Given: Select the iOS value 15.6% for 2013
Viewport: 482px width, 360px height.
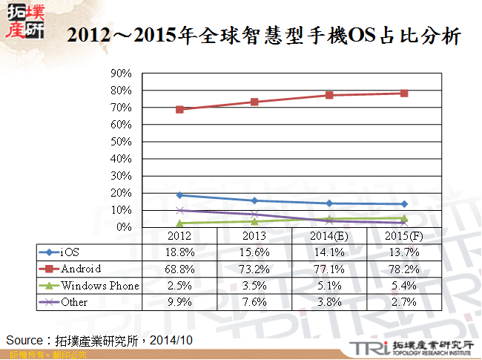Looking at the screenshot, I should click(x=254, y=252).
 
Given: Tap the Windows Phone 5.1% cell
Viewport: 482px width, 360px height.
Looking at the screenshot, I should click(x=329, y=286).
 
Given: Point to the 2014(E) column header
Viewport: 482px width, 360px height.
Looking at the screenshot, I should click(x=329, y=235).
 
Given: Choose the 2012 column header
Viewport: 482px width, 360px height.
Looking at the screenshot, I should click(x=179, y=235).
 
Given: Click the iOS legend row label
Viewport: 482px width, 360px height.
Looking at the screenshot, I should click(x=70, y=252).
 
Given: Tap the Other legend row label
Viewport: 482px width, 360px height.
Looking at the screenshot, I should click(x=75, y=302).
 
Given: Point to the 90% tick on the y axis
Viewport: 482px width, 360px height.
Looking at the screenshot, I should click(x=120, y=73).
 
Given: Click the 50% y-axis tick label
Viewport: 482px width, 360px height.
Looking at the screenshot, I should click(x=120, y=142).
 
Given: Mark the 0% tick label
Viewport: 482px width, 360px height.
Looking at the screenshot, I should click(x=123, y=227).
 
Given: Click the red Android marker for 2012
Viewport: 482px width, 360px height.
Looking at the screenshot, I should click(x=179, y=109).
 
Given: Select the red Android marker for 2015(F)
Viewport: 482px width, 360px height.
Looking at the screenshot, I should click(x=403, y=94).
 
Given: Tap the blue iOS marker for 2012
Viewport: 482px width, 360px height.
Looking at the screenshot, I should click(x=179, y=195).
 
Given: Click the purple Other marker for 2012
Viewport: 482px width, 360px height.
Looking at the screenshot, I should click(x=179, y=210).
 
